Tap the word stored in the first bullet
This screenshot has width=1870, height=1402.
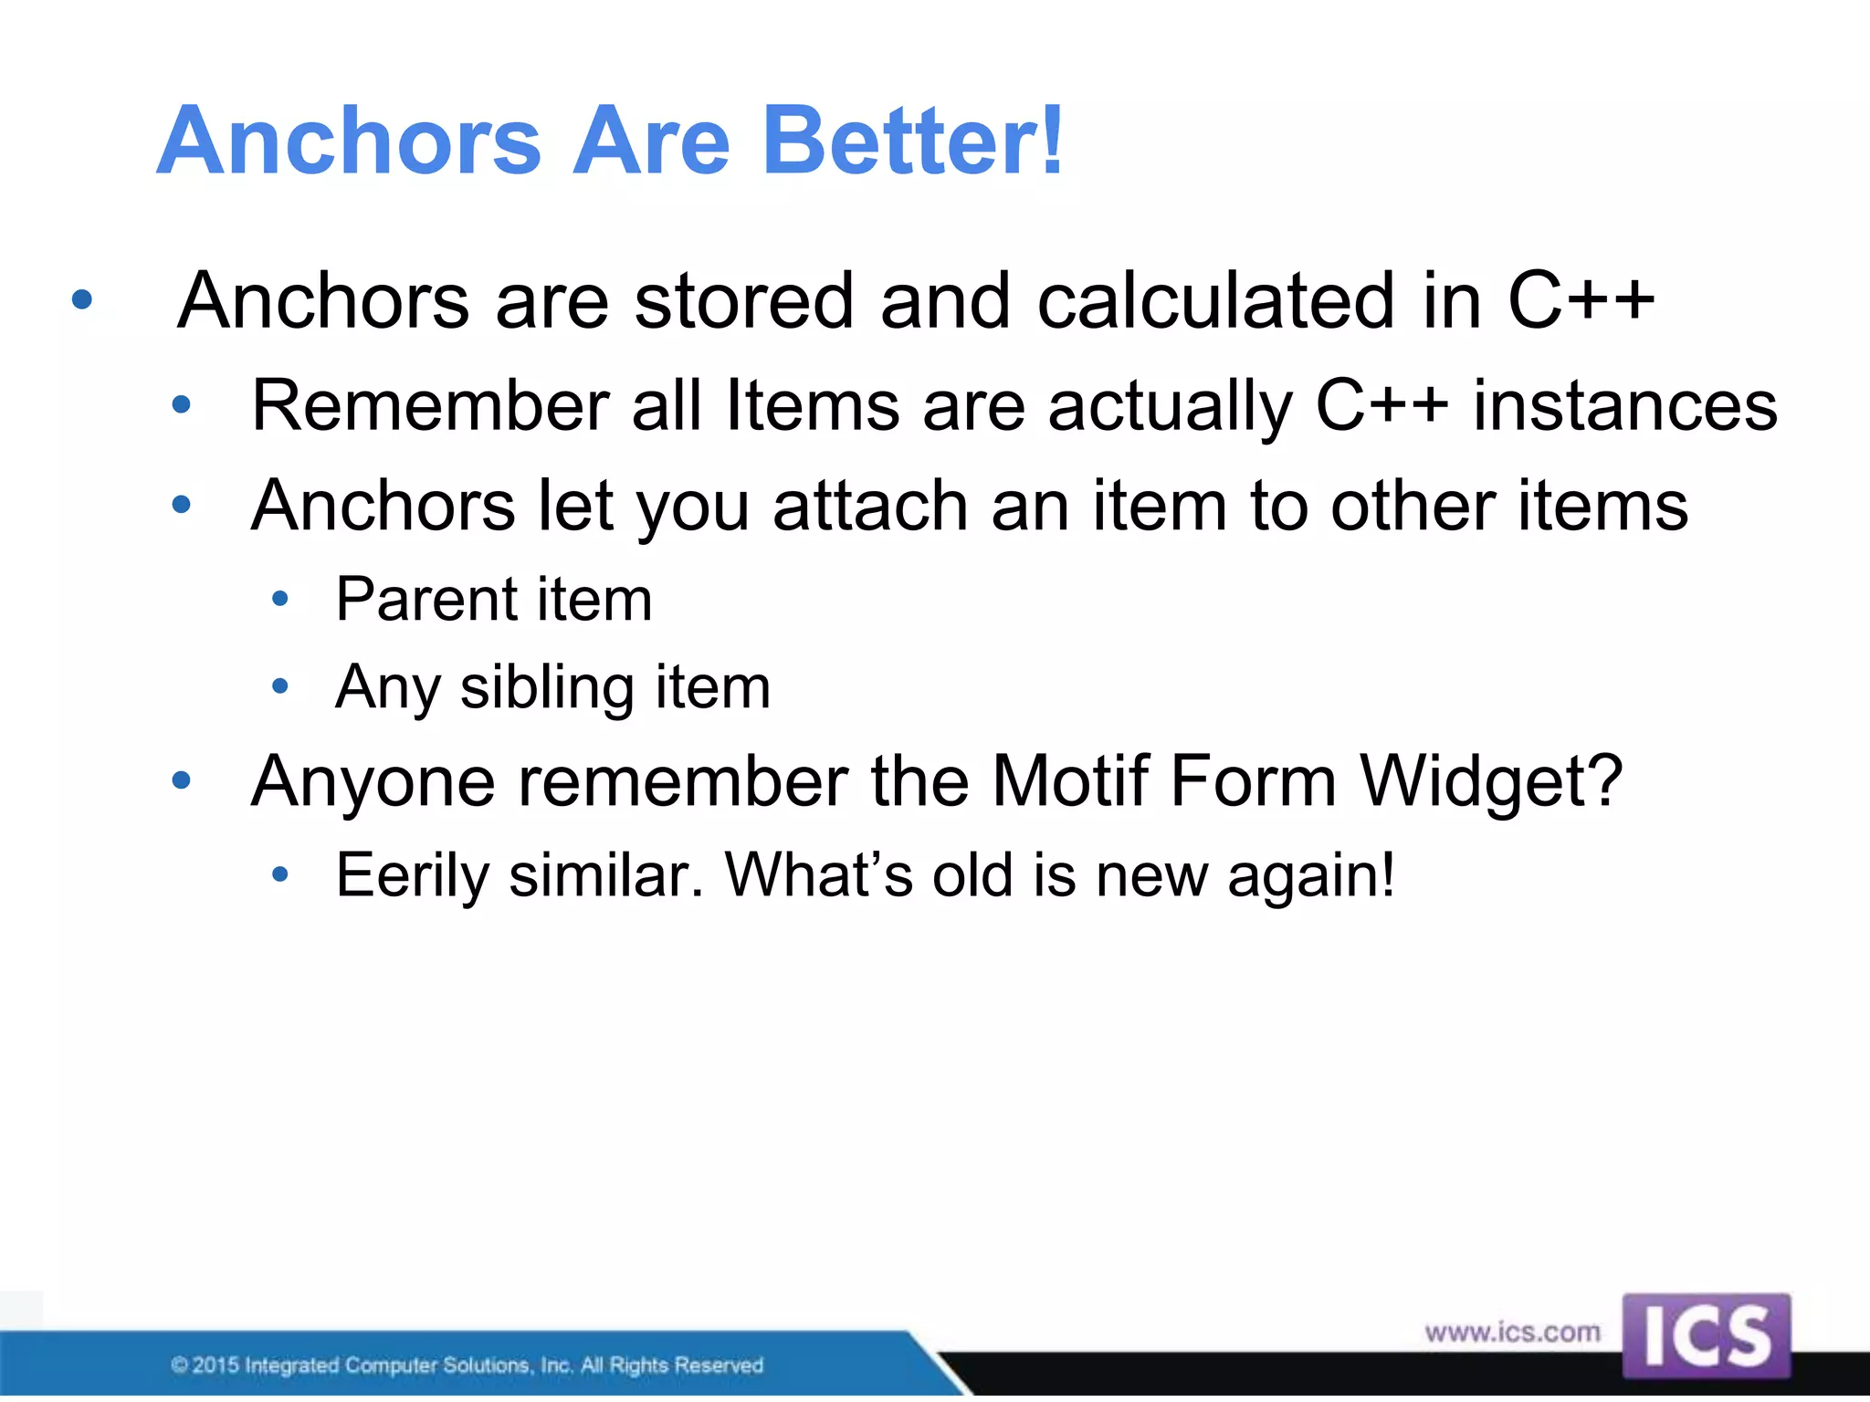pos(744,301)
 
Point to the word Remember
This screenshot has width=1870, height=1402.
pos(430,405)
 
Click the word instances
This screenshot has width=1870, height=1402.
pos(1625,405)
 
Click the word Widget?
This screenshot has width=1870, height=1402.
pos(1491,781)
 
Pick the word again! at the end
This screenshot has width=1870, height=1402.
pos(1311,875)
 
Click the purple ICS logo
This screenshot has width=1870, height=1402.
pos(1706,1334)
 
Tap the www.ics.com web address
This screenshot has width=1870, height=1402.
pos(1512,1332)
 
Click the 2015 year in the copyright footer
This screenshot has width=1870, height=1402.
pos(215,1365)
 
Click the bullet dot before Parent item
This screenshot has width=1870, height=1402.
pos(280,600)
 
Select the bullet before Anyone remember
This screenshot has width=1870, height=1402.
pos(182,780)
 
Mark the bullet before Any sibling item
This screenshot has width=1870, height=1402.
pos(280,685)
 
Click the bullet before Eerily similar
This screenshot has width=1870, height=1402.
pos(280,874)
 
